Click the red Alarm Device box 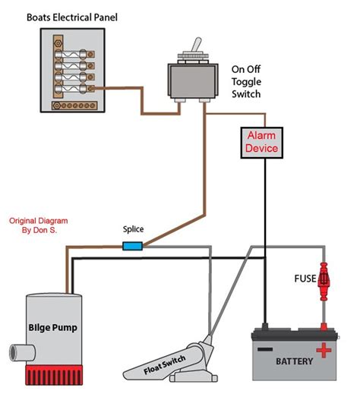click(261, 142)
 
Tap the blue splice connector click(133, 246)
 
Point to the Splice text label click(134, 228)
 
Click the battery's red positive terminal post click(324, 328)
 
